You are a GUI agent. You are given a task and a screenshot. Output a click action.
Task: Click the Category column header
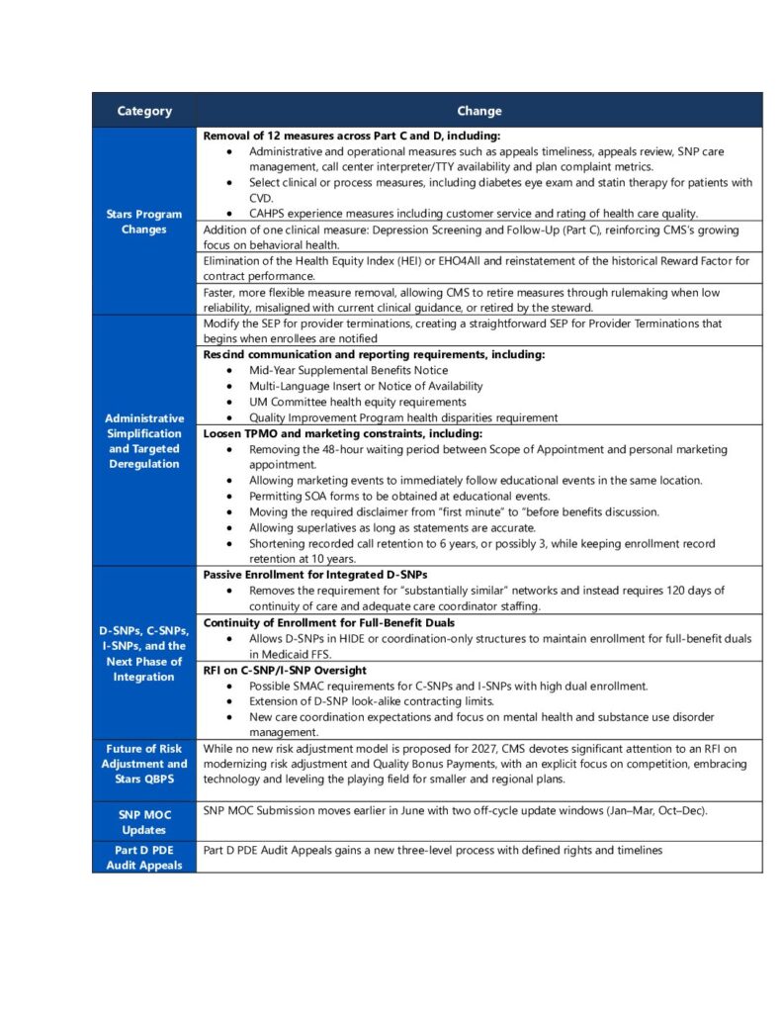(x=144, y=111)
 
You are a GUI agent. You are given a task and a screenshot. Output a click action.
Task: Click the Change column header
(x=478, y=111)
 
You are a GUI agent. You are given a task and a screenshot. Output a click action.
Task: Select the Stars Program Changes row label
(x=144, y=222)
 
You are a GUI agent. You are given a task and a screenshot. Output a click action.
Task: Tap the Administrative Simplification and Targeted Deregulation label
(x=144, y=440)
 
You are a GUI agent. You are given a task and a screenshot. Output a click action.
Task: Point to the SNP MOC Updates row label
(x=144, y=821)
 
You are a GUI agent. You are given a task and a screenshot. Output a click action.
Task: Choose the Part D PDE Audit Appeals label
(x=144, y=858)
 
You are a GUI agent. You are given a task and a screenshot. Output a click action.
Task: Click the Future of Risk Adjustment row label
(x=144, y=764)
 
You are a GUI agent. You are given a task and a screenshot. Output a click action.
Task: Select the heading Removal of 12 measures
(x=351, y=136)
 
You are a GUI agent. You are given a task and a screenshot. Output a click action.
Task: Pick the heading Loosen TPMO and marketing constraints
(x=343, y=433)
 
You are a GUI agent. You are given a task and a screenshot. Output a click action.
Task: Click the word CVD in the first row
(x=261, y=198)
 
